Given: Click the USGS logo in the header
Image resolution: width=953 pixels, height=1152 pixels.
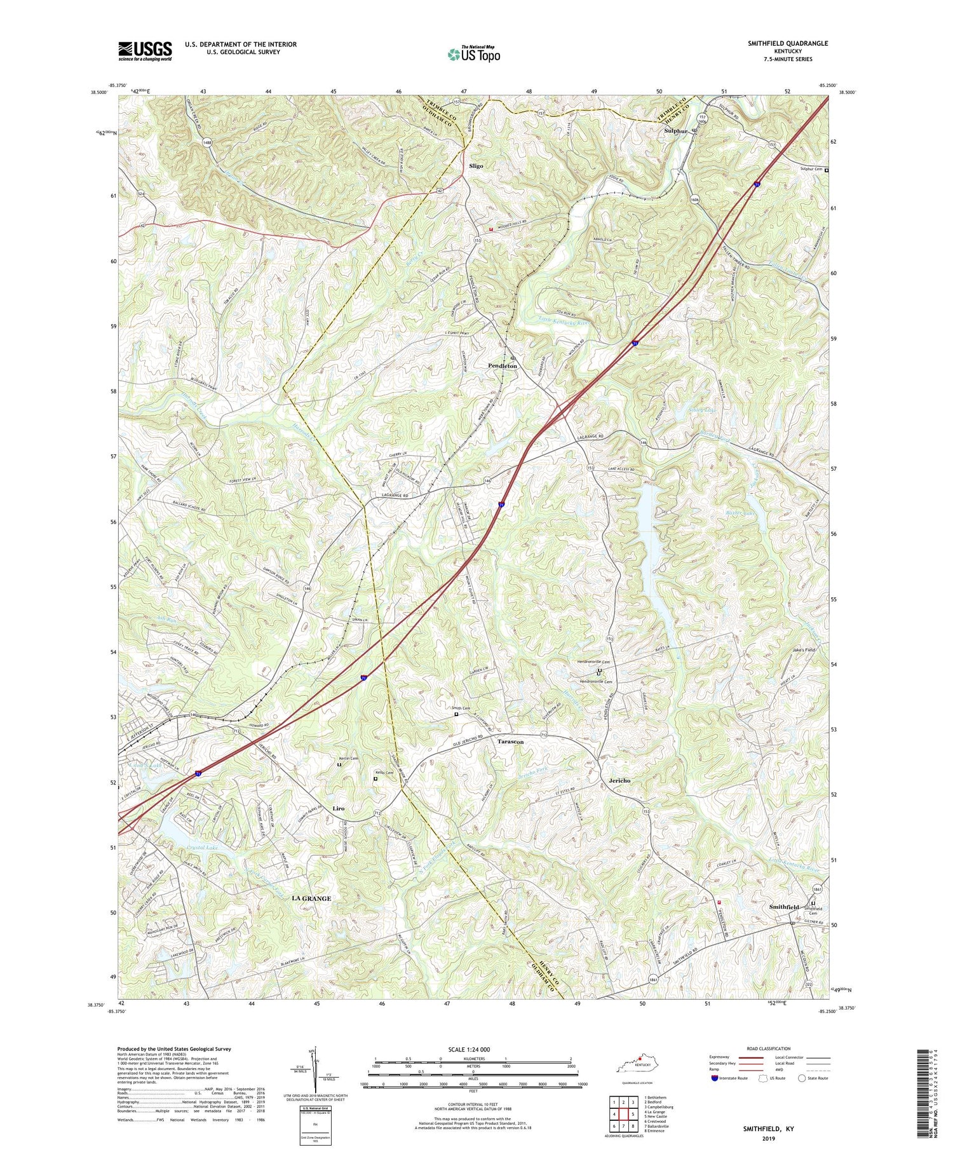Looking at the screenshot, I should (145, 51).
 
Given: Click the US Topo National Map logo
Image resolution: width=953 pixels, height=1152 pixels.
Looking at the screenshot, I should (473, 54).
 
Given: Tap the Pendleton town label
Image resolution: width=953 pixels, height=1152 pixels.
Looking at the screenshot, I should (502, 366).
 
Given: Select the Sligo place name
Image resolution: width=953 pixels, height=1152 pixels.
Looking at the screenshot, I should (476, 166).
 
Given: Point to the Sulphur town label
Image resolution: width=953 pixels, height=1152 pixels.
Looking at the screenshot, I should (676, 131).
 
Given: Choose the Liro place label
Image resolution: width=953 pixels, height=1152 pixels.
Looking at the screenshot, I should (339, 808).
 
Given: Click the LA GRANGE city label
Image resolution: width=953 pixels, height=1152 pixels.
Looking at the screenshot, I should (311, 898).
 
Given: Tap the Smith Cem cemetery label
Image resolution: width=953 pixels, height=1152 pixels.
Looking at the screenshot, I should (461, 708).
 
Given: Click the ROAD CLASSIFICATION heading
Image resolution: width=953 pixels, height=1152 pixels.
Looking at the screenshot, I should (768, 1048).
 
